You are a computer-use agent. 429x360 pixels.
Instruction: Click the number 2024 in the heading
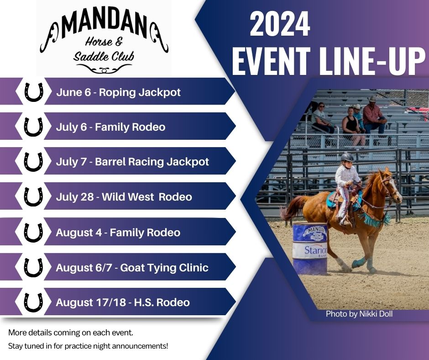coord(280,24)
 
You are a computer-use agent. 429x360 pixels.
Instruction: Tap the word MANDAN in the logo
coord(104,26)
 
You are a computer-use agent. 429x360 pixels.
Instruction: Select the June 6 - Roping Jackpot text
coord(119,92)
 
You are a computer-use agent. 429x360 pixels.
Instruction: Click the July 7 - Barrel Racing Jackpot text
coord(132,162)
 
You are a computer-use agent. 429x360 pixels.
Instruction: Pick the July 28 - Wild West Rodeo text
coord(124,197)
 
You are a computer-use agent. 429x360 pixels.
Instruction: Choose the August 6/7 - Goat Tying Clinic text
coord(132,268)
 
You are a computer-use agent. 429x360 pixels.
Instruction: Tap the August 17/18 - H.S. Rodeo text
coord(123,302)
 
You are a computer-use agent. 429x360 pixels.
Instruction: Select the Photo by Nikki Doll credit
coord(359,314)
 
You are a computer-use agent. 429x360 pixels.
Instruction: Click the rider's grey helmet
coord(347,157)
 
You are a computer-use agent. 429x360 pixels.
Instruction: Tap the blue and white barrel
coord(310,249)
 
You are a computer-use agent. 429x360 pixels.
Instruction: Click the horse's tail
coord(292,208)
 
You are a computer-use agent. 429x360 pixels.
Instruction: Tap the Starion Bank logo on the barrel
coord(315,251)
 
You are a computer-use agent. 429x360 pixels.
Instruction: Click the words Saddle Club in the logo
coord(104,56)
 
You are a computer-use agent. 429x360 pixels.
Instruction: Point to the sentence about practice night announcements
coord(88,346)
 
